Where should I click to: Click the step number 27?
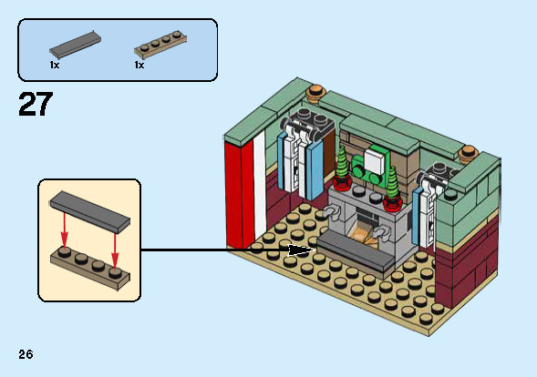point(36,104)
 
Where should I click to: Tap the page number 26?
point(26,354)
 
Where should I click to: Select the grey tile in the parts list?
point(76,44)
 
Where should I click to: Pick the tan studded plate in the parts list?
point(160,45)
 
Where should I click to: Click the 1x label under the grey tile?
point(55,65)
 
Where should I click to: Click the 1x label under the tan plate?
point(139,65)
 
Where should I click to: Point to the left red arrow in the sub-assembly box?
point(64,230)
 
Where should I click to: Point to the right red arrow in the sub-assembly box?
point(115,250)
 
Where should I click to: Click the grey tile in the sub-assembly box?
point(89,212)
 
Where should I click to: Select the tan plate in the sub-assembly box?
point(90,269)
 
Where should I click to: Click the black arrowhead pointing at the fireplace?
point(302,250)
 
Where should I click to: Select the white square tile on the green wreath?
point(376,162)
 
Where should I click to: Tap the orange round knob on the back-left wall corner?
point(316,92)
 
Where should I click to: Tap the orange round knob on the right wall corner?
point(469,154)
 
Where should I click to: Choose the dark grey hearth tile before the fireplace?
point(356,250)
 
